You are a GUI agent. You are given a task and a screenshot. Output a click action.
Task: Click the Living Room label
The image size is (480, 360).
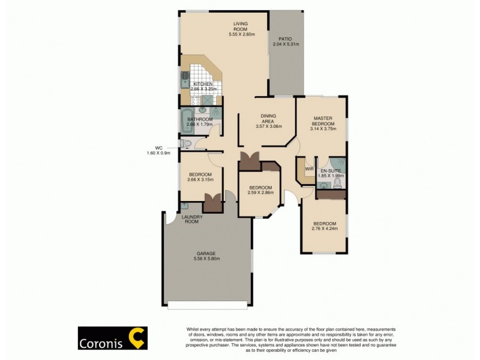point(241,26)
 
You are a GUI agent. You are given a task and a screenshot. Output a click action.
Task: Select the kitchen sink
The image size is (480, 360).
point(185,79)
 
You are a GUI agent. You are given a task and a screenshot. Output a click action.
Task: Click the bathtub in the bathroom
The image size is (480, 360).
point(186,121)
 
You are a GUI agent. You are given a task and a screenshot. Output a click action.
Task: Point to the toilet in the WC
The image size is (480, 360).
point(186,143)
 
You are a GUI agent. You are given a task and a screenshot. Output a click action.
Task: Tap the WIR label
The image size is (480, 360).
point(310,169)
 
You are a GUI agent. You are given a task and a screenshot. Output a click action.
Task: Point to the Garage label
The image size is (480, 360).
point(206,253)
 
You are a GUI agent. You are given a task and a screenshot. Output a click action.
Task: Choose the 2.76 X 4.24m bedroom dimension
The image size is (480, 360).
point(324,228)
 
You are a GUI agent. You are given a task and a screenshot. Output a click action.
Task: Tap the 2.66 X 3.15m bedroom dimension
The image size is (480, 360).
point(200,179)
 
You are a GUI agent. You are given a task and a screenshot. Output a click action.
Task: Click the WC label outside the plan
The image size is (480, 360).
point(159,148)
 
